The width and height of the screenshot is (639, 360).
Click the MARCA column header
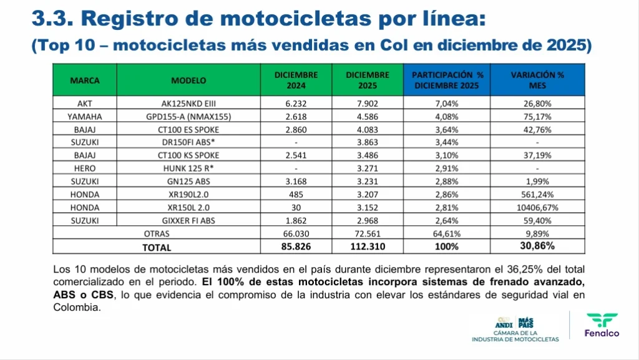pos(84,80)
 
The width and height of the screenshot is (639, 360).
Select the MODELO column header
pos(188,80)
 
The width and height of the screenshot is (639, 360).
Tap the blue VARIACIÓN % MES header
pos(537,80)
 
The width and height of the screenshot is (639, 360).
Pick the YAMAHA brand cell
pos(84,117)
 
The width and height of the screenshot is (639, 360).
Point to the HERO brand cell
pos(84,168)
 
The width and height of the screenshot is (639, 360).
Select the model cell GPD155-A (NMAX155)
pos(188,117)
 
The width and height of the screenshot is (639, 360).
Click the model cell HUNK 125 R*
pos(188,168)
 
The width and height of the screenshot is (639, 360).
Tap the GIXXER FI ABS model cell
pos(188,220)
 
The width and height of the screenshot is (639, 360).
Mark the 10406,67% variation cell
pos(537,207)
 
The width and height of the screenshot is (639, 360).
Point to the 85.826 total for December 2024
pos(296,247)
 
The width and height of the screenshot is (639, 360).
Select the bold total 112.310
pos(368,247)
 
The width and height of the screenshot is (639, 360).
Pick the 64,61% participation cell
pos(446,233)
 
